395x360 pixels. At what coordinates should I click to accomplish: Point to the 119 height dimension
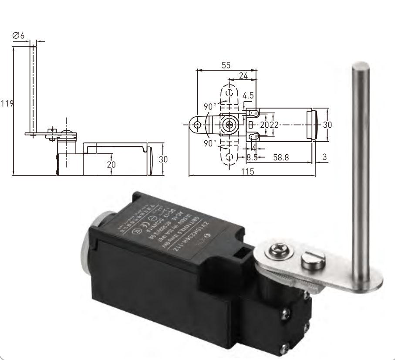7,104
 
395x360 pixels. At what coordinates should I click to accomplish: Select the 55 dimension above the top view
226,65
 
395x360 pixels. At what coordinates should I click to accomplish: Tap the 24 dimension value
243,76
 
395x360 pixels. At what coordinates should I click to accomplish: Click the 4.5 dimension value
249,95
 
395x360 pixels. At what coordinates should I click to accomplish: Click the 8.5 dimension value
252,157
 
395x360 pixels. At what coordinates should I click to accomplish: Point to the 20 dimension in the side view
112,164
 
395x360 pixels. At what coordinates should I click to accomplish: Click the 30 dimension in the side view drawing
163,159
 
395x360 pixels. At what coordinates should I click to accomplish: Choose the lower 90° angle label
210,143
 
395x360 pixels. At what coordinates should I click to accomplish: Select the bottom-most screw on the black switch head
285,347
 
